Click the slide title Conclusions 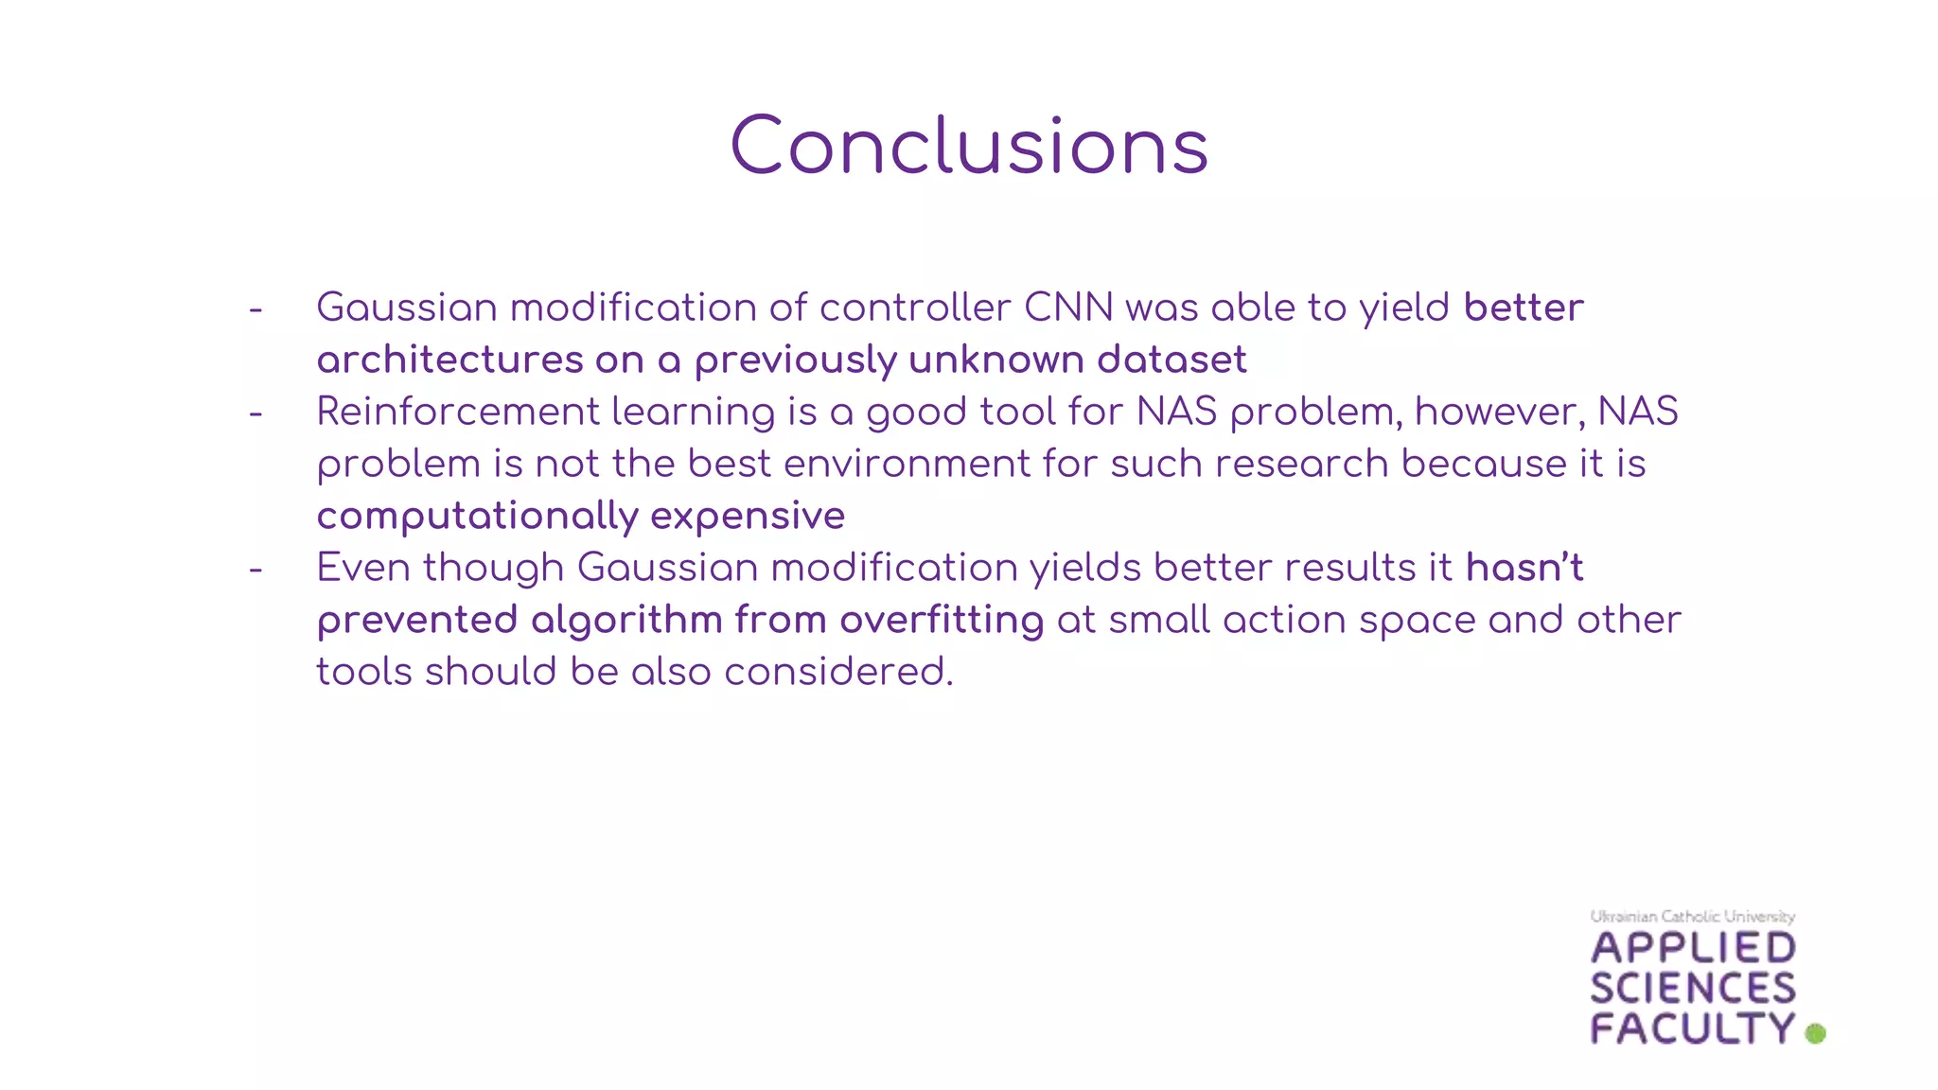(969, 147)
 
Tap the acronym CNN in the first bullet (1068, 308)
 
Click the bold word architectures (449, 360)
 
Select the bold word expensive (748, 516)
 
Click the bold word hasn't (1524, 568)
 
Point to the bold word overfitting (942, 620)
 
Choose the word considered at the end (837, 672)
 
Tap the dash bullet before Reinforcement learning (255, 413)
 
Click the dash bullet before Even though (255, 570)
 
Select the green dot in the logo (1815, 1033)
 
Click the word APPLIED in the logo (1693, 948)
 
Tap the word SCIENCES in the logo (1693, 989)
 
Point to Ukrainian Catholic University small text (1692, 916)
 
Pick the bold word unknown (995, 360)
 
